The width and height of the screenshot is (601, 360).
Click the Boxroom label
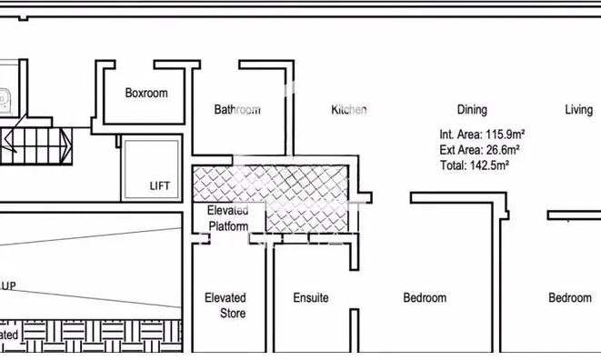tap(146, 93)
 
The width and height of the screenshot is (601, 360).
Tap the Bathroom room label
tap(237, 110)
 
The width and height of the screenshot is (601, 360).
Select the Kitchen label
tap(349, 110)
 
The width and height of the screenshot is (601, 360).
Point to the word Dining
tap(472, 110)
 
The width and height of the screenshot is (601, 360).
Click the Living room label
tap(578, 110)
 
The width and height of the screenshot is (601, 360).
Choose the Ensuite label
tap(311, 297)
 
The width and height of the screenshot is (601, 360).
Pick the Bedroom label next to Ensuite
tap(425, 297)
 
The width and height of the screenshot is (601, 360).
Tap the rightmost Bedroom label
tap(570, 297)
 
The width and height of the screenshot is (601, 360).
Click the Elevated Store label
tap(225, 305)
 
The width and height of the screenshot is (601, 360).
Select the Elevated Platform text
tap(227, 218)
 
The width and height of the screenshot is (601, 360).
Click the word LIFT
tap(159, 186)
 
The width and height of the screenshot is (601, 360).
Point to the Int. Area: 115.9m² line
tap(482, 134)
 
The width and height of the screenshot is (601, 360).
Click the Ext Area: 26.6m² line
tap(479, 149)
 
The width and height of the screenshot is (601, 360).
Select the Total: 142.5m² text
tap(474, 165)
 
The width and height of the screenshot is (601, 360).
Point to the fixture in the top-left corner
tap(5, 91)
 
